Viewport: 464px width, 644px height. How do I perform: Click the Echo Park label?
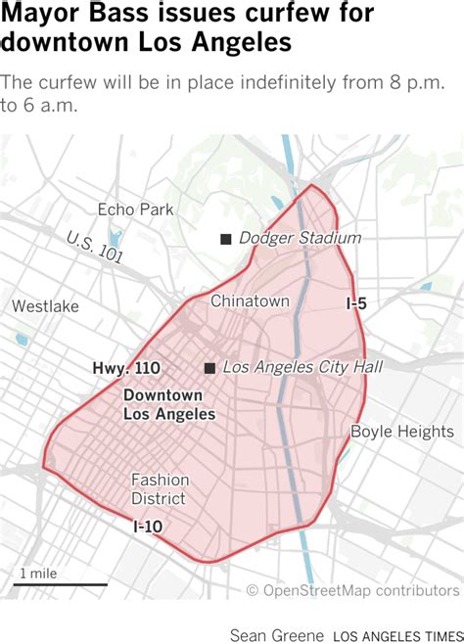click(x=135, y=209)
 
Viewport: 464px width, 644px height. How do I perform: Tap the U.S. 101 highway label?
click(x=95, y=248)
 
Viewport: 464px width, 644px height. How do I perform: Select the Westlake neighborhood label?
click(x=45, y=306)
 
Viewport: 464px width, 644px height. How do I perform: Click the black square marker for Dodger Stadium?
click(x=226, y=239)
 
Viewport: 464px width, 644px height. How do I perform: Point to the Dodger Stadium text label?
click(x=300, y=238)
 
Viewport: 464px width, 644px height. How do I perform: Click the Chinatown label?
click(x=250, y=301)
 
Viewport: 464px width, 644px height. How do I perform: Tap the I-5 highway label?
click(x=356, y=304)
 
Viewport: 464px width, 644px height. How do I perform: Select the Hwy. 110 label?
click(x=126, y=368)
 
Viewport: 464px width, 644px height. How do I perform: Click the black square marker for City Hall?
click(x=209, y=368)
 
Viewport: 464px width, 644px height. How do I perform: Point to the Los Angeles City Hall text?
click(x=302, y=367)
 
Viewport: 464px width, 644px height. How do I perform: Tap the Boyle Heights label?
click(x=401, y=432)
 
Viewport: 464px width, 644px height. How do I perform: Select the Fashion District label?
click(x=159, y=489)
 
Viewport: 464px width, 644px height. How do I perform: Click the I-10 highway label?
click(x=148, y=527)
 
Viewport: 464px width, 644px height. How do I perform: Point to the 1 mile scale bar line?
click(x=61, y=585)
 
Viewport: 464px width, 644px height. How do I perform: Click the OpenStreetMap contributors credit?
click(x=352, y=590)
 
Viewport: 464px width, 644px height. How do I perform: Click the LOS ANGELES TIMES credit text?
click(x=396, y=632)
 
